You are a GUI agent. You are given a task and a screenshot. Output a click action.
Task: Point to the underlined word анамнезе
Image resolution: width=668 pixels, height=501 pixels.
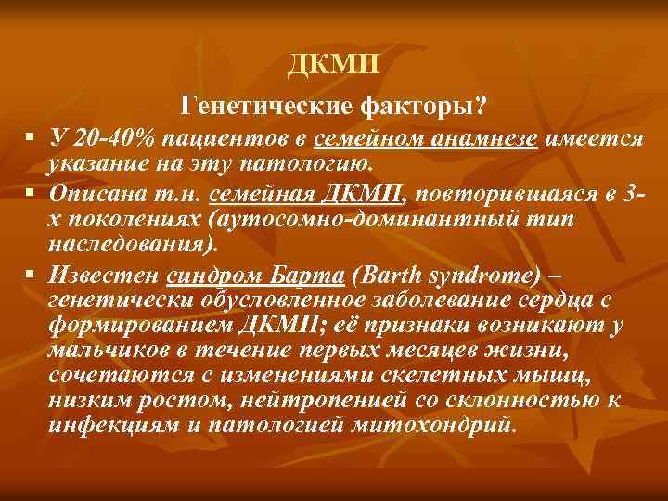click(486, 138)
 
